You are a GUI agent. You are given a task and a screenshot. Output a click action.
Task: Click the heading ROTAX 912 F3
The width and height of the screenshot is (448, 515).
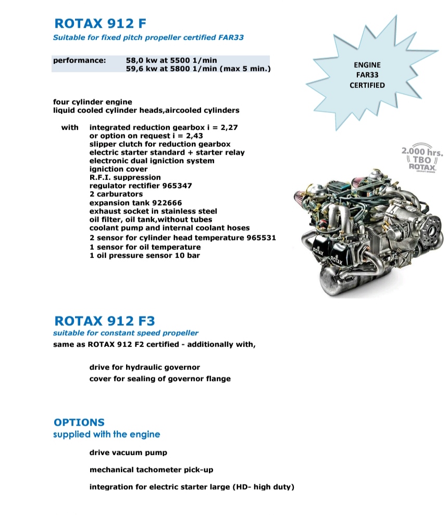point(104,319)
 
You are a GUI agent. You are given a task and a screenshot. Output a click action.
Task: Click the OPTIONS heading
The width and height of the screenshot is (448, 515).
point(79,422)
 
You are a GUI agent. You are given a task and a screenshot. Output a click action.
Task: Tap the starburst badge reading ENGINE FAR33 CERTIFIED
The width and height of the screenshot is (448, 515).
point(367,75)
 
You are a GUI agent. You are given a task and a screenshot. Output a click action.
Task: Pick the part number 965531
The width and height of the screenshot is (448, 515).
point(258,238)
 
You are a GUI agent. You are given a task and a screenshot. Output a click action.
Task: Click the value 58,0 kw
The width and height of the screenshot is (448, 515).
point(143,60)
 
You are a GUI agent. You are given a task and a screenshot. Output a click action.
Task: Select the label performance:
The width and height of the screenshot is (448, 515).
point(79,60)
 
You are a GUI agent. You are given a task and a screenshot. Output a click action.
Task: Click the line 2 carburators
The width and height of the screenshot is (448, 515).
point(116,194)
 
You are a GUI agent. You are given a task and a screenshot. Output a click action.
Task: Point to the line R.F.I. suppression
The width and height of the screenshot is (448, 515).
point(125,177)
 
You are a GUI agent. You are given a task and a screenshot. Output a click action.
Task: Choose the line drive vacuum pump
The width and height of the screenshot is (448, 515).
point(128,453)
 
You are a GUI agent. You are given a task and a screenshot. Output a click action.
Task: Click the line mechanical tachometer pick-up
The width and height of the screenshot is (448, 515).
point(151,470)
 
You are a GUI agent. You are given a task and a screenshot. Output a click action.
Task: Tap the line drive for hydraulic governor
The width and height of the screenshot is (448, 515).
point(144,367)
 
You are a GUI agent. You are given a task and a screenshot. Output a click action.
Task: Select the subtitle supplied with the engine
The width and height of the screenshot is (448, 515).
point(106,434)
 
